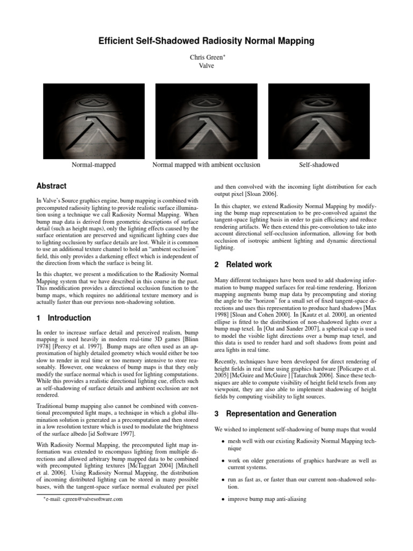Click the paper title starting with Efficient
(206, 41)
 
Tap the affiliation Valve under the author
(206, 66)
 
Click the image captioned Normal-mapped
(94, 121)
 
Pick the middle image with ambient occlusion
(206, 121)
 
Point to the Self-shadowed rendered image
(319, 121)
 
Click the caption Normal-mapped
(94, 165)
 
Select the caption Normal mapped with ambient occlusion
(206, 165)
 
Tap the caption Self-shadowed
(319, 165)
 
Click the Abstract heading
(51, 186)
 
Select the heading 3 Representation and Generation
(275, 414)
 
